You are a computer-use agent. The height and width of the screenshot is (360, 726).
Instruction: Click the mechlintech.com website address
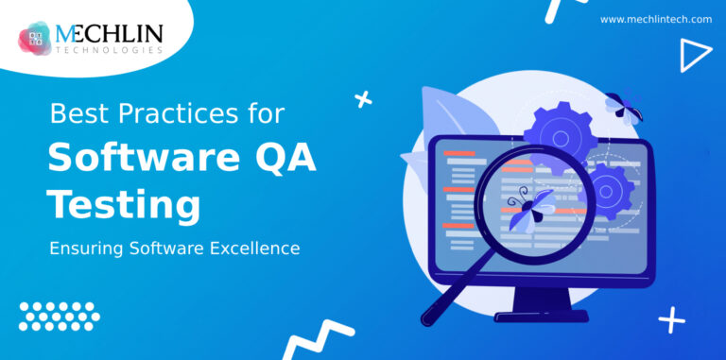pos(655,19)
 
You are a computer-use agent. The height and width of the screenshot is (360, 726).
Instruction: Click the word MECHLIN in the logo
pos(110,34)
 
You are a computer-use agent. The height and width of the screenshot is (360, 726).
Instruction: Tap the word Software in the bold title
pos(139,159)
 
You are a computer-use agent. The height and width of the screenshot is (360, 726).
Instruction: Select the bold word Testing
pos(124,205)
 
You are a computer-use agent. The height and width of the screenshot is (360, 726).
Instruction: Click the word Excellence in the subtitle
pos(251,249)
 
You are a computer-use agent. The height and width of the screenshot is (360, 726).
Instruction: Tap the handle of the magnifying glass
pos(443,297)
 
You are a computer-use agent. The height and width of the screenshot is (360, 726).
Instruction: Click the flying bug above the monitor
pos(624,107)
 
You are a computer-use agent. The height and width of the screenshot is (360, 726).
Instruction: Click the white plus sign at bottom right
pos(672,321)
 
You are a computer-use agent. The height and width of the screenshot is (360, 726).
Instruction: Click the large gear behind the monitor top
pos(560,136)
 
